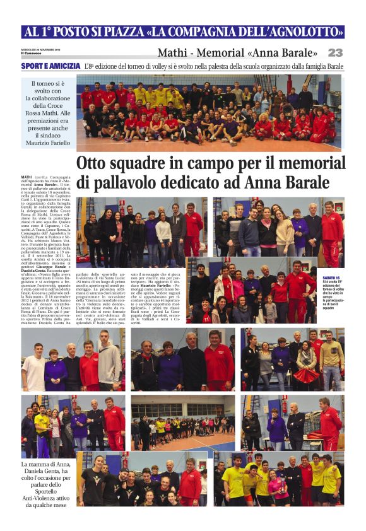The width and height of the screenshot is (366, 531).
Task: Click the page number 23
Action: pyautogui.click(x=335, y=52)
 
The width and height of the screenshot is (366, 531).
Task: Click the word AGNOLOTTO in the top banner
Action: pyautogui.click(x=301, y=32)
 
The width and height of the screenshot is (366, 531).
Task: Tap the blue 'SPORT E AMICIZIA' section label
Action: pyautogui.click(x=50, y=66)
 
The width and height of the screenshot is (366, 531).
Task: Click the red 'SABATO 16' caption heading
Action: pyautogui.click(x=331, y=277)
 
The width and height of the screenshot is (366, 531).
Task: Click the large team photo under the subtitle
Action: pyautogui.click(x=209, y=112)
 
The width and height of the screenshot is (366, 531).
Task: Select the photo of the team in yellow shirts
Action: pyautogui.click(x=278, y=479)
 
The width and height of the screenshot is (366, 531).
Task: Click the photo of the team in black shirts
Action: pyautogui.click(x=141, y=479)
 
